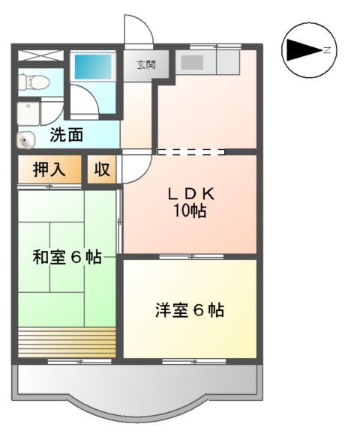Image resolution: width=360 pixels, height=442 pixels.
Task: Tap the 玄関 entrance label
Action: (145, 65)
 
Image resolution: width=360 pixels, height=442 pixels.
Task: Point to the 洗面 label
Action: (67, 136)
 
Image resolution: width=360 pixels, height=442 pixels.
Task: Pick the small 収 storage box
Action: (102, 169)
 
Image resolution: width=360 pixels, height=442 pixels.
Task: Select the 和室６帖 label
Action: (67, 257)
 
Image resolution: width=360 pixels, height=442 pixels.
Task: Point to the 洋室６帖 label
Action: (190, 309)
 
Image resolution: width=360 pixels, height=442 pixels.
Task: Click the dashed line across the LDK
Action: (190, 152)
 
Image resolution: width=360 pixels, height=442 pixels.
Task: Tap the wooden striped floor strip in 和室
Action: (67, 341)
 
